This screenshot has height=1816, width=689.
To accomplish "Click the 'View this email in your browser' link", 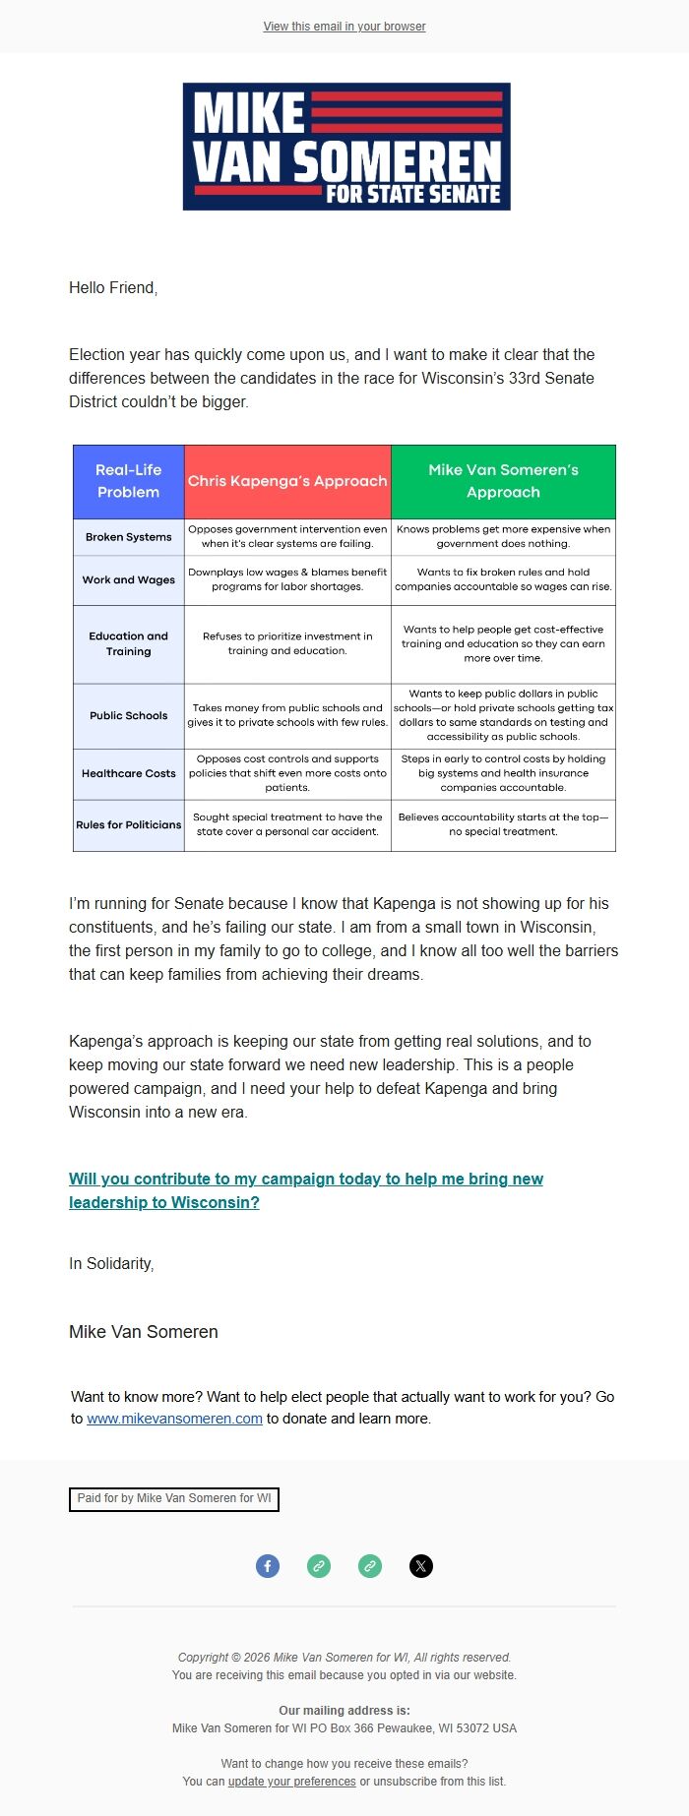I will tap(344, 27).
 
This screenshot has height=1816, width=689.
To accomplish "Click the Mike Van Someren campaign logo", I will tap(346, 147).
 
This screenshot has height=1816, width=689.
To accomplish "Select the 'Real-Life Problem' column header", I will tap(128, 481).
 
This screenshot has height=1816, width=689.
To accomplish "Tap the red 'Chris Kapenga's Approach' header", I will tap(287, 481).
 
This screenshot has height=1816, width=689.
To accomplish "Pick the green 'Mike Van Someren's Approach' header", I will tap(503, 481).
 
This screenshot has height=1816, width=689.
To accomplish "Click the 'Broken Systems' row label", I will tap(128, 537).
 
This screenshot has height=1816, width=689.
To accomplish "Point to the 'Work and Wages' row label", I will tap(128, 580).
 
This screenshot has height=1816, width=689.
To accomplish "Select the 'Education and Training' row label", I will tap(128, 644).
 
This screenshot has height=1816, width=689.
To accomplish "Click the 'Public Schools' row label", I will tap(128, 716).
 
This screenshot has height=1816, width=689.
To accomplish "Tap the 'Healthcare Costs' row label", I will tap(128, 774).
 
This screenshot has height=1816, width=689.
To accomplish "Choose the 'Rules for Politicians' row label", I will tap(128, 825).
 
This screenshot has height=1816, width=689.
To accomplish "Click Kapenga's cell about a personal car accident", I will tap(287, 824).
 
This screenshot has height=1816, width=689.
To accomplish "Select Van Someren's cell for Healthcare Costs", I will tap(503, 773).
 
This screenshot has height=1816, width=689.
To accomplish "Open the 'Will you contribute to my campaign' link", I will tap(305, 1190).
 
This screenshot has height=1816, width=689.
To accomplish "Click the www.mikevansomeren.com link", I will tap(174, 1419).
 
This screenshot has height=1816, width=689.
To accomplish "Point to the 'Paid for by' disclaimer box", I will tap(174, 1498).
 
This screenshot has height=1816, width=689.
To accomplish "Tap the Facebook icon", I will tap(268, 1566).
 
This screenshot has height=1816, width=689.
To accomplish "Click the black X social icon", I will tap(421, 1566).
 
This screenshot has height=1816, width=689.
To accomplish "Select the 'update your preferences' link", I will tap(291, 1782).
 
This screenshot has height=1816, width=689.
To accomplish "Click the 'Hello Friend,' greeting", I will tap(113, 287).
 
